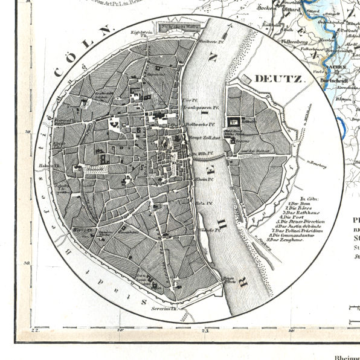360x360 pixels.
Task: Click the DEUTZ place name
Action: click(280, 79)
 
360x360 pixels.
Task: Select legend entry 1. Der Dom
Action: click(298, 204)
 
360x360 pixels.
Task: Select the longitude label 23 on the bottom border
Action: click(206, 330)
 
